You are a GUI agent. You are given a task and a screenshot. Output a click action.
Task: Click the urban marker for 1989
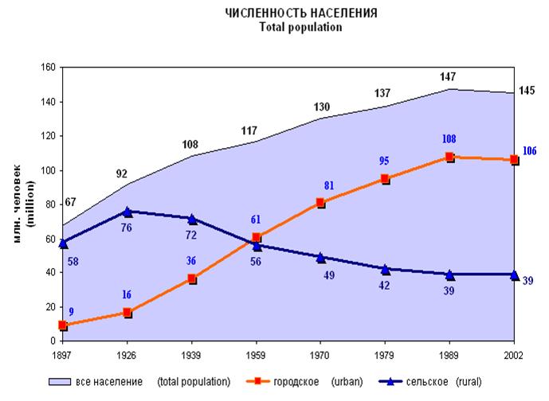tap(450, 158)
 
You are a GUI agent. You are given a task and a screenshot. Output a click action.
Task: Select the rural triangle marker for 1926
tap(127, 212)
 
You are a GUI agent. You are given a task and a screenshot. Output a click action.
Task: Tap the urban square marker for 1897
tap(63, 325)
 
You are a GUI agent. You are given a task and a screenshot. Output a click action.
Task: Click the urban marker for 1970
tap(321, 203)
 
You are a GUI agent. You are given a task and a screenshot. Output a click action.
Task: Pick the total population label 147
tap(450, 76)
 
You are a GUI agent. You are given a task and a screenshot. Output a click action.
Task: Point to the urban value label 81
tap(328, 186)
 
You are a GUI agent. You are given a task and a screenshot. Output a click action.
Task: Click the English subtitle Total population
tap(300, 26)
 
